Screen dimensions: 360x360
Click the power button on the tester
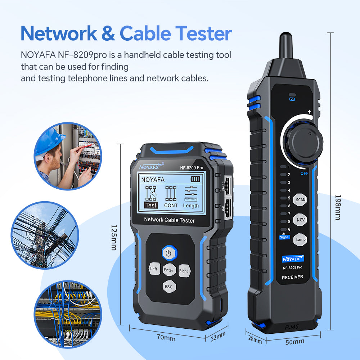(168, 253)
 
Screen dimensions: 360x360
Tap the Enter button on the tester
(168, 270)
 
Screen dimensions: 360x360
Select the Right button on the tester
(184, 271)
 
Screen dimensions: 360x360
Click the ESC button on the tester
(168, 287)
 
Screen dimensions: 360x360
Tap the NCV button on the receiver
(300, 220)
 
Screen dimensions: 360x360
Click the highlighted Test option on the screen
(151, 205)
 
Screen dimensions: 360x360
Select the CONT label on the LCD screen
(171, 206)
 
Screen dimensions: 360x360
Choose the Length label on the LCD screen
(191, 206)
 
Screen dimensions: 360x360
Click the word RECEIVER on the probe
(292, 277)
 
